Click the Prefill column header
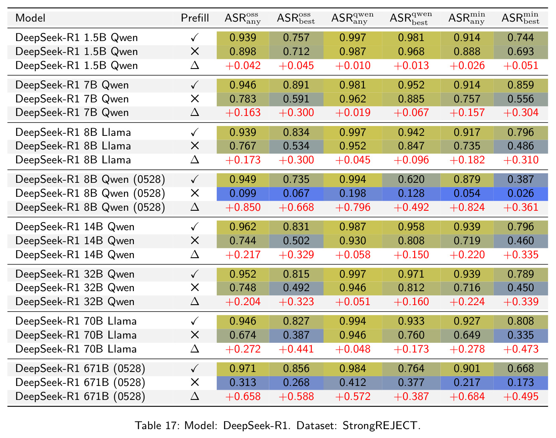pyautogui.click(x=194, y=18)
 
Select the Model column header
pyautogui.click(x=30, y=18)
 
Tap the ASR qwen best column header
pyautogui.click(x=411, y=19)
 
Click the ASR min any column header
pyautogui.click(x=467, y=18)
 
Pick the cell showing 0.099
pyautogui.click(x=243, y=193)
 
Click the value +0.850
pyautogui.click(x=243, y=207)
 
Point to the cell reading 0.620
pyautogui.click(x=411, y=179)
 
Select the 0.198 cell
pyautogui.click(x=352, y=193)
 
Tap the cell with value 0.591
pyautogui.click(x=296, y=99)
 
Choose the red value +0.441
pyautogui.click(x=296, y=349)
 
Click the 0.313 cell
pyautogui.click(x=243, y=383)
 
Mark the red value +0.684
pyautogui.click(x=467, y=397)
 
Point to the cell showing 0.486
pyautogui.click(x=520, y=146)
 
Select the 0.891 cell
pyautogui.click(x=296, y=85)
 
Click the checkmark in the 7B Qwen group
pyautogui.click(x=194, y=85)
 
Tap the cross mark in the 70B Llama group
pyautogui.click(x=194, y=335)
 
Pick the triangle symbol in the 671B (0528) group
pyautogui.click(x=194, y=397)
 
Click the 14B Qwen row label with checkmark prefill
pyautogui.click(x=75, y=227)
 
